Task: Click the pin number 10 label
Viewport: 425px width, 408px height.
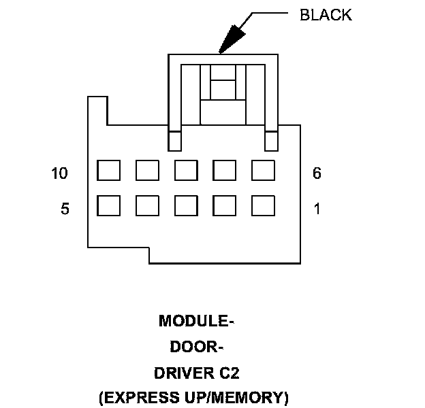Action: click(60, 173)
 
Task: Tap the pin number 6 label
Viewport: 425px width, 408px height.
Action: click(317, 173)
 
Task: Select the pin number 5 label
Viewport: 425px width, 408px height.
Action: click(65, 209)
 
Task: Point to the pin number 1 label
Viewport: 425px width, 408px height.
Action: click(317, 209)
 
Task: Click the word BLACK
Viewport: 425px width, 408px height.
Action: click(326, 15)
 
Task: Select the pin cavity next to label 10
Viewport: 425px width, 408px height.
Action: click(108, 170)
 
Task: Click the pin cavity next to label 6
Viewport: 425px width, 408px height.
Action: click(263, 170)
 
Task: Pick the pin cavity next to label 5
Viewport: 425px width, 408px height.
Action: click(108, 205)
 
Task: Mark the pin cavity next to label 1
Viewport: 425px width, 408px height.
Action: click(263, 205)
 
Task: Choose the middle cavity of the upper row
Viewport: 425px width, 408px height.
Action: click(186, 170)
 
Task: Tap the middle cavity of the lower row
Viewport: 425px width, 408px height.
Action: click(186, 205)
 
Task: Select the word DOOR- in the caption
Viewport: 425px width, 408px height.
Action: click(196, 347)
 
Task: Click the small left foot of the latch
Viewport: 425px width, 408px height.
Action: click(175, 141)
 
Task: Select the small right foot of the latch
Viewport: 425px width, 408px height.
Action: click(272, 141)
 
